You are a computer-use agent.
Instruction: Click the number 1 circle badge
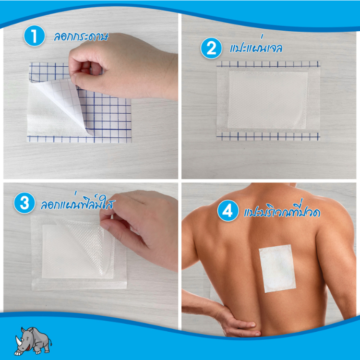pos(34,36)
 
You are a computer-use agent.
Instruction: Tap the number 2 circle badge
pos(211,48)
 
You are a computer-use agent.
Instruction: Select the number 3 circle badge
pos(24,203)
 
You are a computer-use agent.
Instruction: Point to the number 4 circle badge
pos(228,211)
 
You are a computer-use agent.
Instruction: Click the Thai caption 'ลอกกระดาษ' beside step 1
pos(81,37)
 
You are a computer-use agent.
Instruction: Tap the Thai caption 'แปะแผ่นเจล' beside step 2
pos(256,47)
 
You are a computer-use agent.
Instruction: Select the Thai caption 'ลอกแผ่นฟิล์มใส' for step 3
pos(78,202)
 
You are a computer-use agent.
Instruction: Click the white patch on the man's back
pos(277,268)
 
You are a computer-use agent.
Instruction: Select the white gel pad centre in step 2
pos(268,100)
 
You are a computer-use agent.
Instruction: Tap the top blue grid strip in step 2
pos(268,64)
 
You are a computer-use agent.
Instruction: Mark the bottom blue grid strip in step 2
pos(268,136)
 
